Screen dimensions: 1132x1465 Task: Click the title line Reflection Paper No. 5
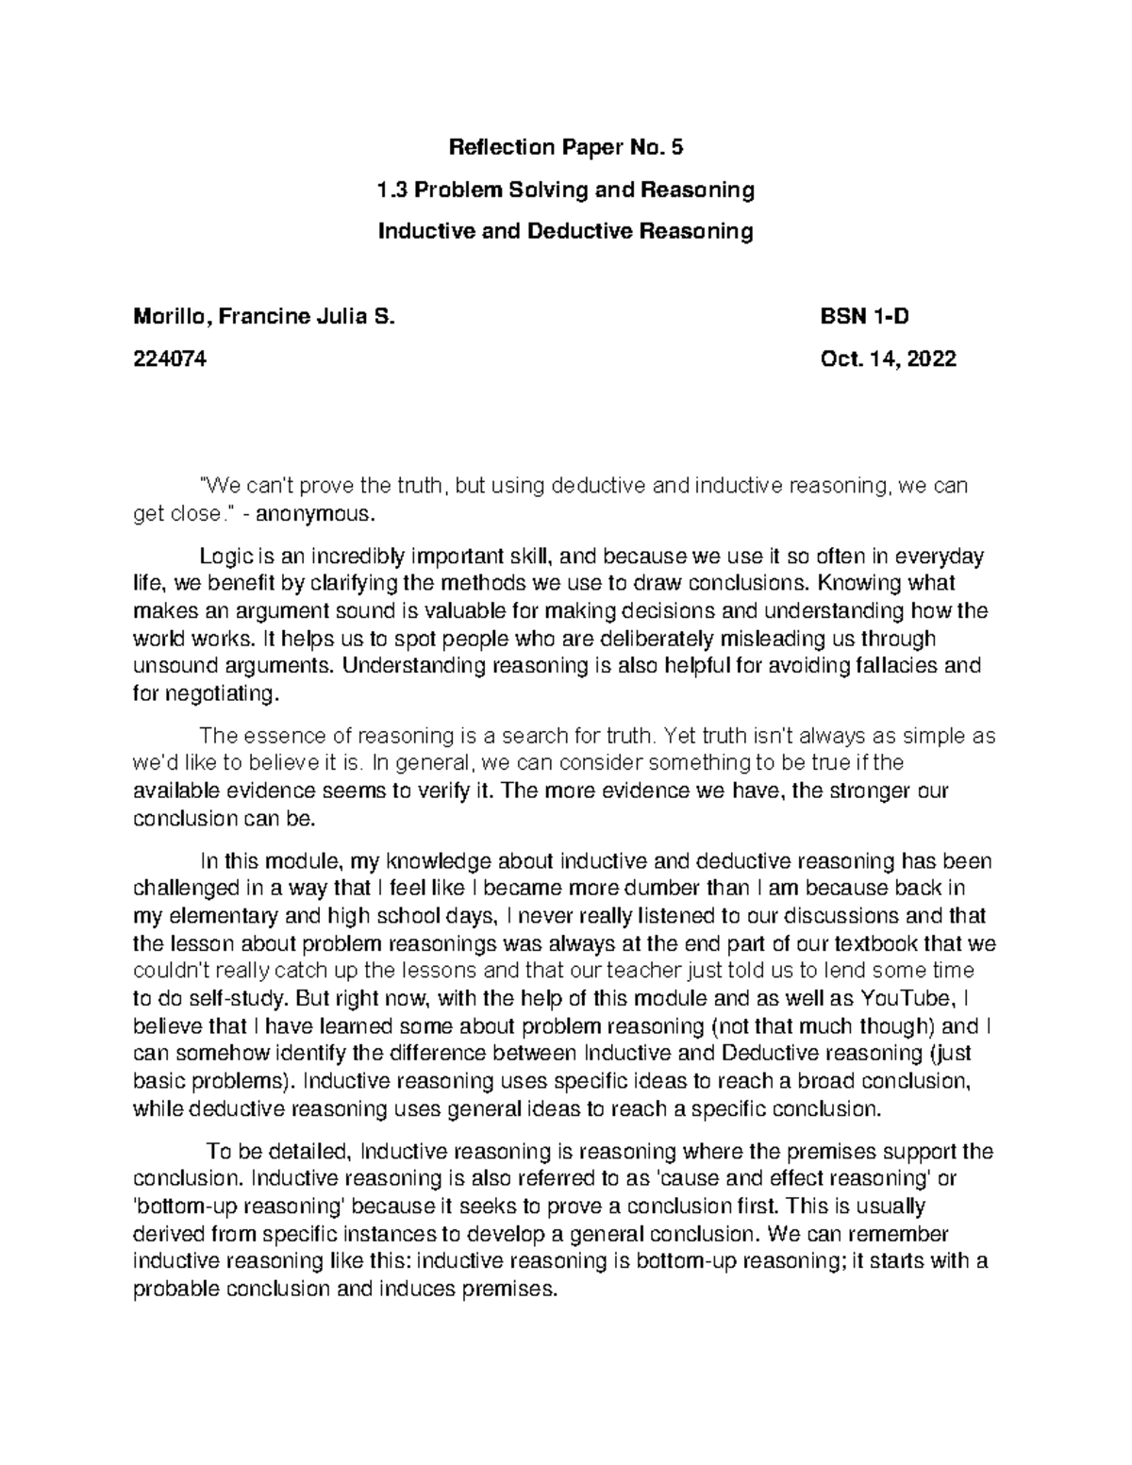click(x=565, y=147)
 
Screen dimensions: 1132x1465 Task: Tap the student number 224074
click(x=171, y=359)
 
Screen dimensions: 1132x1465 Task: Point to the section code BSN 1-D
click(x=865, y=317)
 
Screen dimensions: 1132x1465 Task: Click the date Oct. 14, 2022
click(x=890, y=359)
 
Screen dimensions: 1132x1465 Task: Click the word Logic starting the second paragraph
click(x=223, y=556)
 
